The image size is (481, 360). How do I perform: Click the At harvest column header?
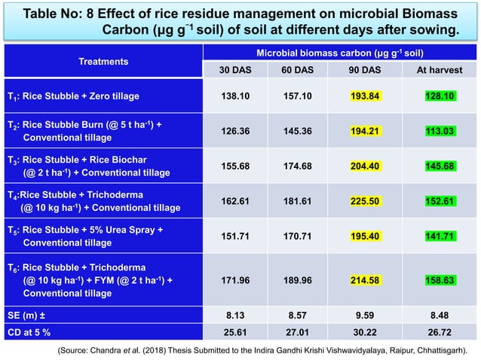pos(439,69)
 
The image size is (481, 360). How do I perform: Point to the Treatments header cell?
pos(103,61)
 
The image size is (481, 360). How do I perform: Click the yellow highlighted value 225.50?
pos(365,201)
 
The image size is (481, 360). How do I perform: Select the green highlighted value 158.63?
pos(440,280)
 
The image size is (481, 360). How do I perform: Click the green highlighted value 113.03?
pos(440,131)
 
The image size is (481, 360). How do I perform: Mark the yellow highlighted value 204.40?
pos(365,166)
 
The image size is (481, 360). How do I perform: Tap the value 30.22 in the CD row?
pos(365,331)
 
